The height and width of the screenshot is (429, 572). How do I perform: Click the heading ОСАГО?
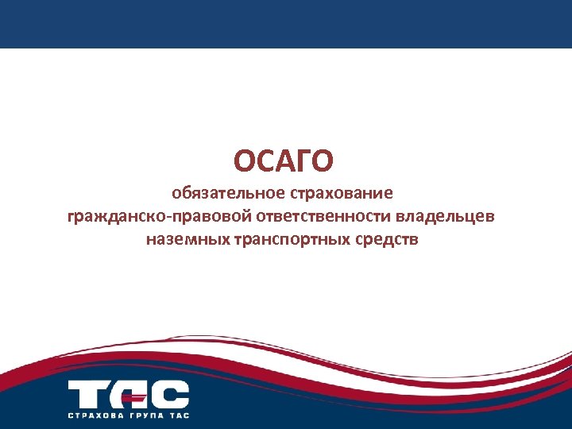(x=284, y=161)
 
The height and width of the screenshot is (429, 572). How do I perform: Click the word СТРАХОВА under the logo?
(x=95, y=415)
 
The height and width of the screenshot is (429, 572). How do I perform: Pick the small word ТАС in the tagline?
(x=180, y=415)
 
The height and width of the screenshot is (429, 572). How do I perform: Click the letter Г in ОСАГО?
(x=300, y=161)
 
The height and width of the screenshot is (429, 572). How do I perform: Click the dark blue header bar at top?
(x=286, y=24)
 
